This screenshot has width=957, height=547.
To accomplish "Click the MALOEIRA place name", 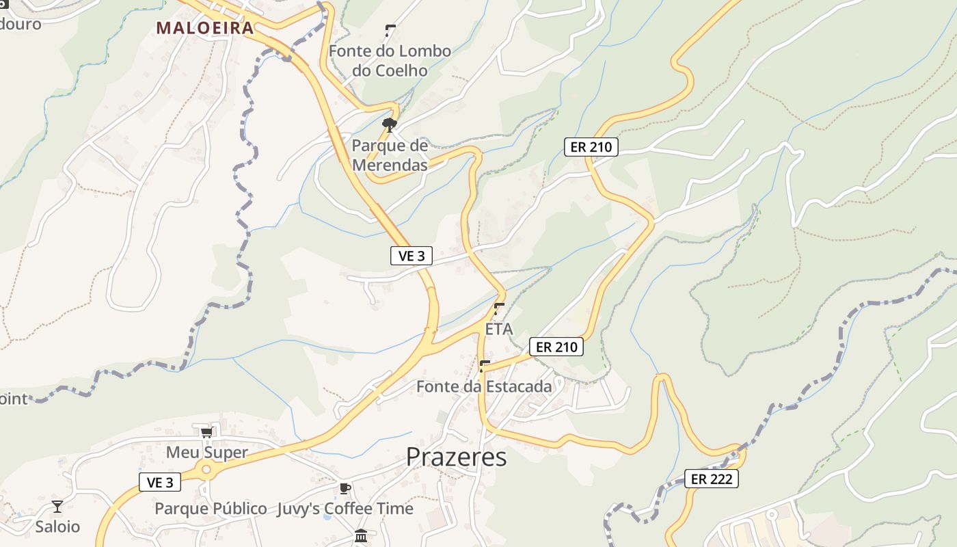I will pos(205,28).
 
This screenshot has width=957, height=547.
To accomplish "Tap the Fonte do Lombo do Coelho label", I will pos(390,60).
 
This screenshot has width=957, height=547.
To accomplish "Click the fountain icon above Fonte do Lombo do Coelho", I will pos(390,30).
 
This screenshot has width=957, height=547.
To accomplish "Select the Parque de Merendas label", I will pos(390,155).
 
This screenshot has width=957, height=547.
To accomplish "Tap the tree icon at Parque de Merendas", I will pos(390,124).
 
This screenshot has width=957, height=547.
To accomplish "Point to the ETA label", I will pos(499,329).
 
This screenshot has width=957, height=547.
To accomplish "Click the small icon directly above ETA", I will pos(499,308).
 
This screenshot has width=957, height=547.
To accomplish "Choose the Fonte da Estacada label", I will pos(484,386).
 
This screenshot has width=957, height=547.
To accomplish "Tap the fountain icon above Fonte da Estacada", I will pos(485,366).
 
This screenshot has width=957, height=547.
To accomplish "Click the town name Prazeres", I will pos(457,457).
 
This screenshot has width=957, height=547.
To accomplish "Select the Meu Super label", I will pos(207,453).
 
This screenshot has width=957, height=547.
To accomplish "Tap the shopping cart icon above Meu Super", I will pos(206,432).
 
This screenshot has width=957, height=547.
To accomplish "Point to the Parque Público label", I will pos(211,509).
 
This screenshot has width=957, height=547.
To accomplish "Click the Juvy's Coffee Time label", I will pos(345,509).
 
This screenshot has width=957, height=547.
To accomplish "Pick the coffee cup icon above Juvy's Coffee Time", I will pos(345,488).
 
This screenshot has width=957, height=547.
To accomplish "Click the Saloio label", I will pos(57,527).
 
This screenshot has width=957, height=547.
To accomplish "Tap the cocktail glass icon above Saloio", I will pos(57,507).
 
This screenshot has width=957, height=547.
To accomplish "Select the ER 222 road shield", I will pos(712,479).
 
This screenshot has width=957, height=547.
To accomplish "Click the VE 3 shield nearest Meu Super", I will pos(160,482).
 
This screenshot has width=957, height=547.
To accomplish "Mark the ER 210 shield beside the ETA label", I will pos(557,347).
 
